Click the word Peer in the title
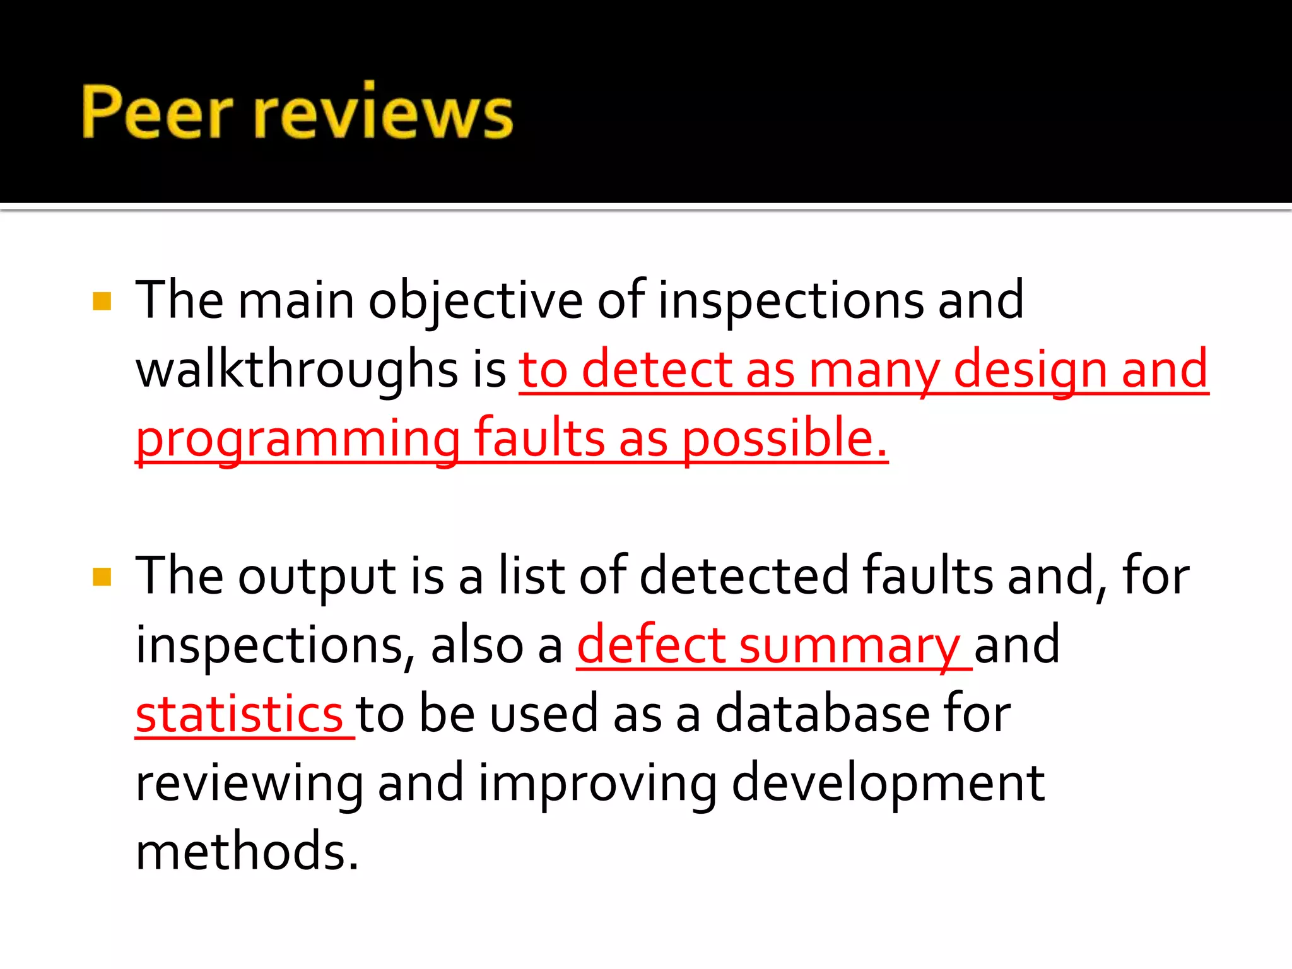pyautogui.click(x=157, y=112)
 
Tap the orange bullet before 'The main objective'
pyautogui.click(x=102, y=301)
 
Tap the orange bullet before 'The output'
pyautogui.click(x=102, y=577)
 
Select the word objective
pyautogui.click(x=475, y=302)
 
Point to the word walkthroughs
pyautogui.click(x=297, y=370)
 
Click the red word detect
pyautogui.click(x=656, y=370)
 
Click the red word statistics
pyautogui.click(x=239, y=714)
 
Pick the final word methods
pyautogui.click(x=247, y=852)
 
